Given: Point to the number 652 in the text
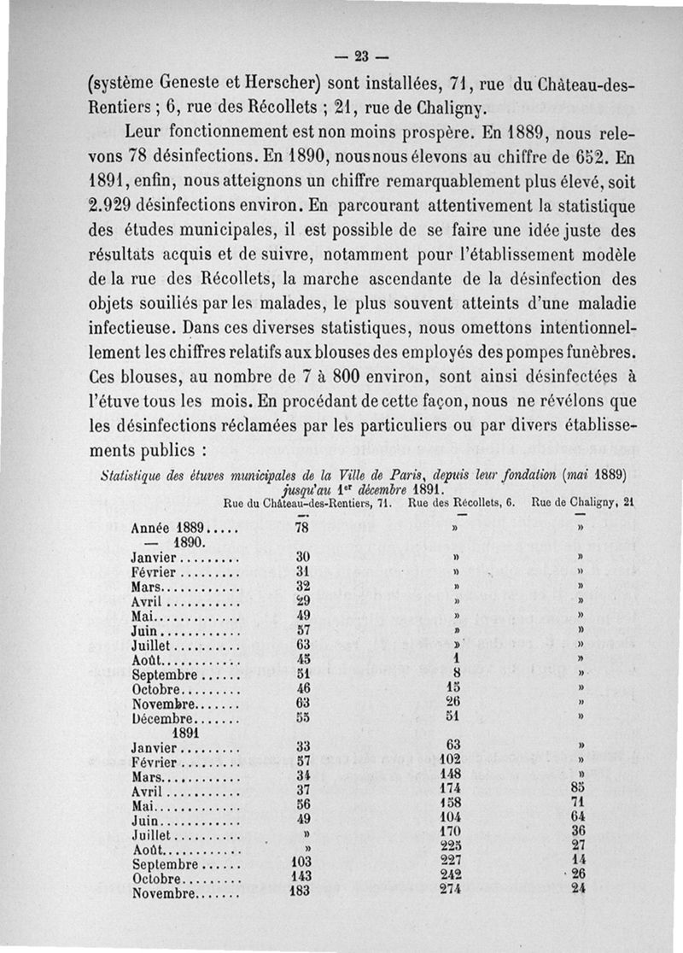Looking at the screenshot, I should [x=583, y=158].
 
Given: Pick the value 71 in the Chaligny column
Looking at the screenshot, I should [x=581, y=803].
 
